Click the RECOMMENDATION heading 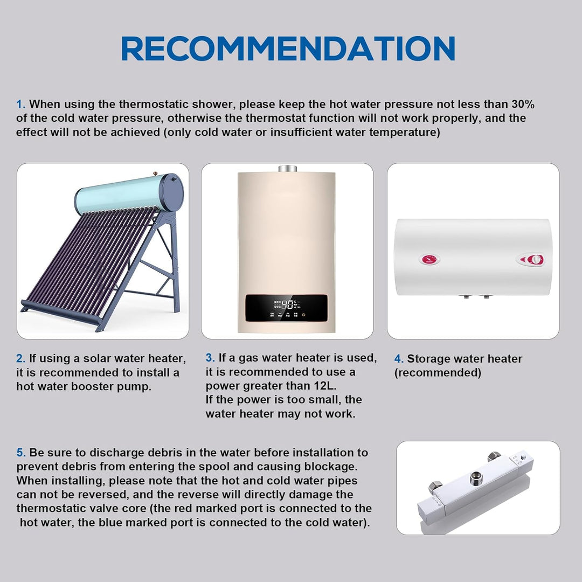point(288,48)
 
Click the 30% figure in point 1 point(523,104)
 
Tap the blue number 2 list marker point(20,358)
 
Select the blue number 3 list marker point(210,358)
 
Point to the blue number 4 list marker point(399,359)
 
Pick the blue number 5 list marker point(21,453)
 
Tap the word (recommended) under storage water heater point(438,373)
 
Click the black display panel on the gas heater point(287,308)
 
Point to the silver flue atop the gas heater point(288,169)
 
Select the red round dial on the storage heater point(535,260)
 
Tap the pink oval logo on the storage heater point(429,259)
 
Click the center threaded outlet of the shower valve point(476,478)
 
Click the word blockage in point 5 point(330,467)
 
